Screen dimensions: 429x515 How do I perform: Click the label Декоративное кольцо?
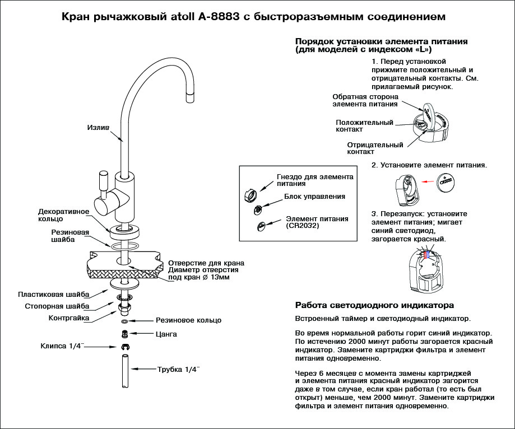64,216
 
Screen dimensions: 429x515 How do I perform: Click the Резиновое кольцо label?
188,320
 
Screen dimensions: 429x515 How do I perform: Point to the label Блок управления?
314,197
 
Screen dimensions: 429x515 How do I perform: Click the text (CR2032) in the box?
305,226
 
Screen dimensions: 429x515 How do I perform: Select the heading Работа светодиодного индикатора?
374,306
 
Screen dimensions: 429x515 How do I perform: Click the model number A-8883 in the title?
219,17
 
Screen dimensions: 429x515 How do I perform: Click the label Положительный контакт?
364,125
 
